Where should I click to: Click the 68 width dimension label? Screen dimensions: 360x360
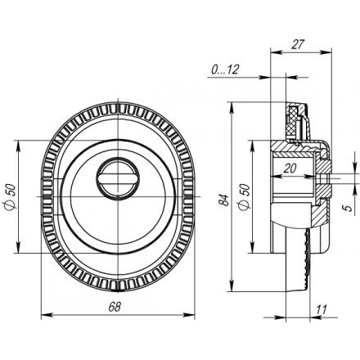(115, 307)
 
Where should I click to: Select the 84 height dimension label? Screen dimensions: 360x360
(223, 200)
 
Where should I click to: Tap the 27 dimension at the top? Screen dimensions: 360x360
(298, 44)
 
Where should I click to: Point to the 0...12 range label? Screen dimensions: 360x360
(225, 70)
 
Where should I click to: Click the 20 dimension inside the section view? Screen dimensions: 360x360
(290, 169)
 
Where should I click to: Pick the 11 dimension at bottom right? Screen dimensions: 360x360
(322, 310)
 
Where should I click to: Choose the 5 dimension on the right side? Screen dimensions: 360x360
(349, 208)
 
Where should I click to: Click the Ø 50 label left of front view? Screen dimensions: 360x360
(10, 196)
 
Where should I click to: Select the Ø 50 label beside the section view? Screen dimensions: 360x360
(244, 196)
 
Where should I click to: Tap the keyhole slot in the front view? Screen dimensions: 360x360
(118, 179)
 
